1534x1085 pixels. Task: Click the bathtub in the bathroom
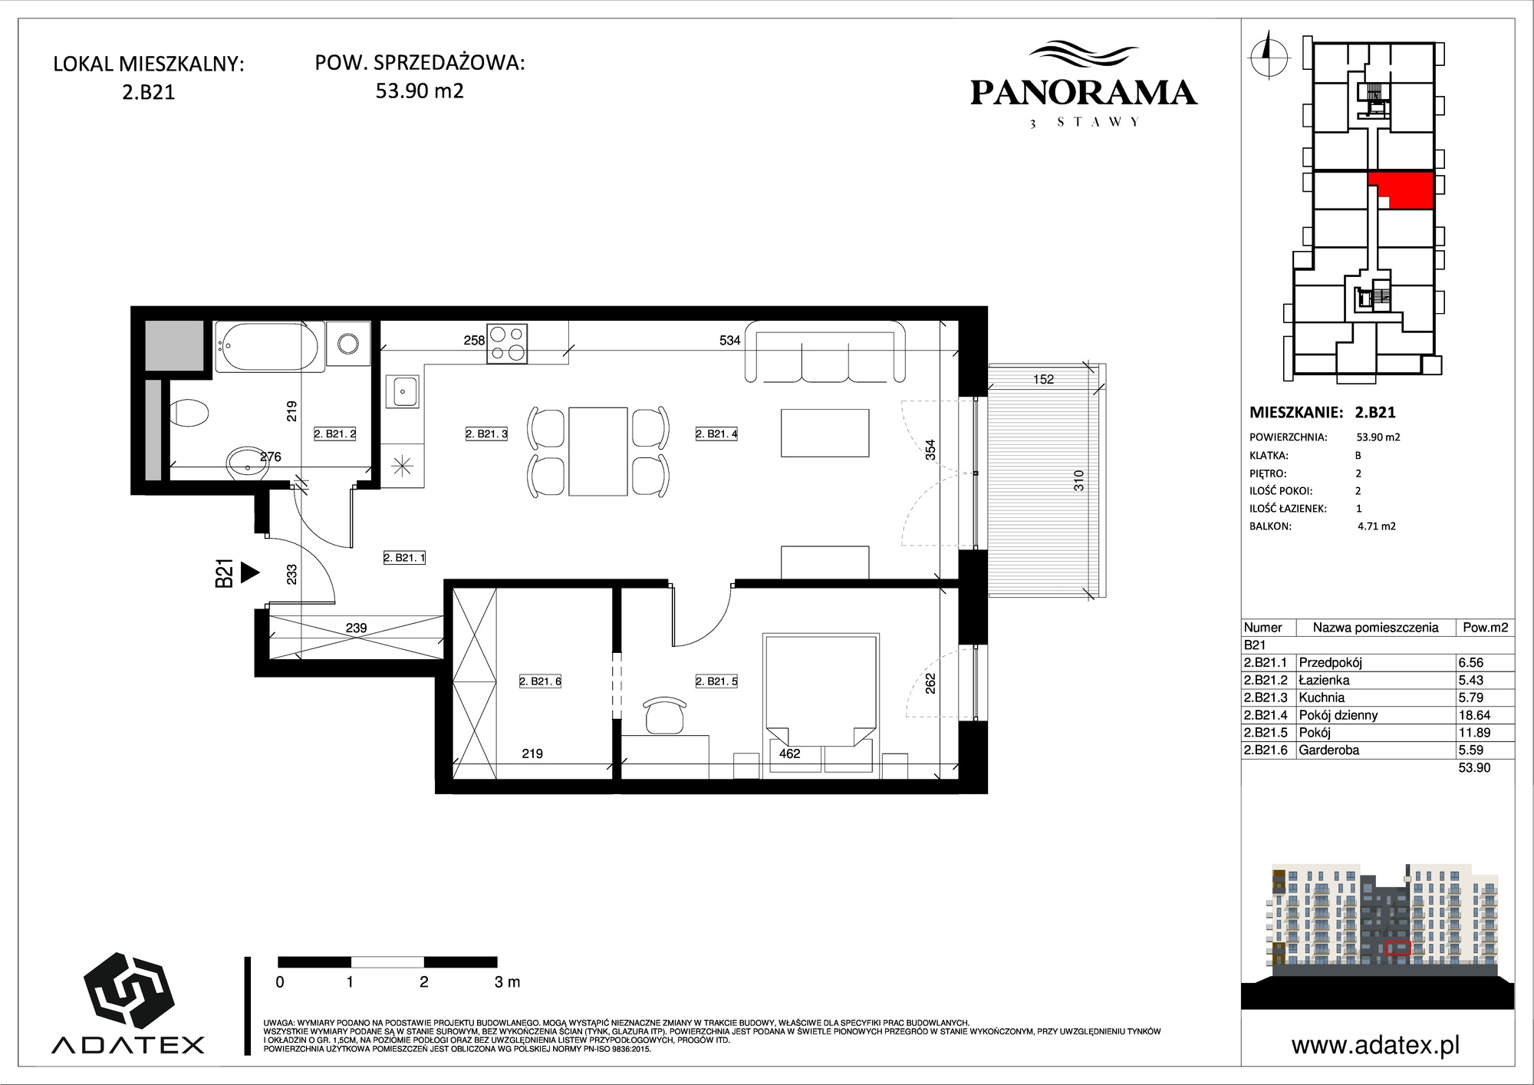click(x=267, y=345)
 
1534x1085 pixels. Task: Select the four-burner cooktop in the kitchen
click(x=508, y=343)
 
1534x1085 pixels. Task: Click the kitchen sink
click(x=403, y=391)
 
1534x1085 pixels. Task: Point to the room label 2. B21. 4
click(x=716, y=434)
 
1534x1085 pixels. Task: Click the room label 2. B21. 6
click(x=540, y=681)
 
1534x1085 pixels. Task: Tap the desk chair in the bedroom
click(x=665, y=714)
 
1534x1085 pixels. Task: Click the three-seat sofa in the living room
click(x=825, y=351)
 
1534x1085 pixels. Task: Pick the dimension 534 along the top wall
click(x=730, y=341)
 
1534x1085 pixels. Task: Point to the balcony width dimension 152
click(x=1043, y=379)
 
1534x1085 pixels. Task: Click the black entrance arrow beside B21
click(x=249, y=572)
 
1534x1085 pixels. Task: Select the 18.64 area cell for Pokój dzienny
click(x=1474, y=715)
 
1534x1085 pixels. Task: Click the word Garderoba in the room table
click(x=1329, y=750)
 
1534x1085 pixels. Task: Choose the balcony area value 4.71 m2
click(x=1377, y=526)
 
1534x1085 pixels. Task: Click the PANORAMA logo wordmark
click(x=1083, y=93)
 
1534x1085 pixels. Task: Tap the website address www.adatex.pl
click(x=1375, y=1045)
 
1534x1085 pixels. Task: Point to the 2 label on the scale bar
click(x=423, y=982)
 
